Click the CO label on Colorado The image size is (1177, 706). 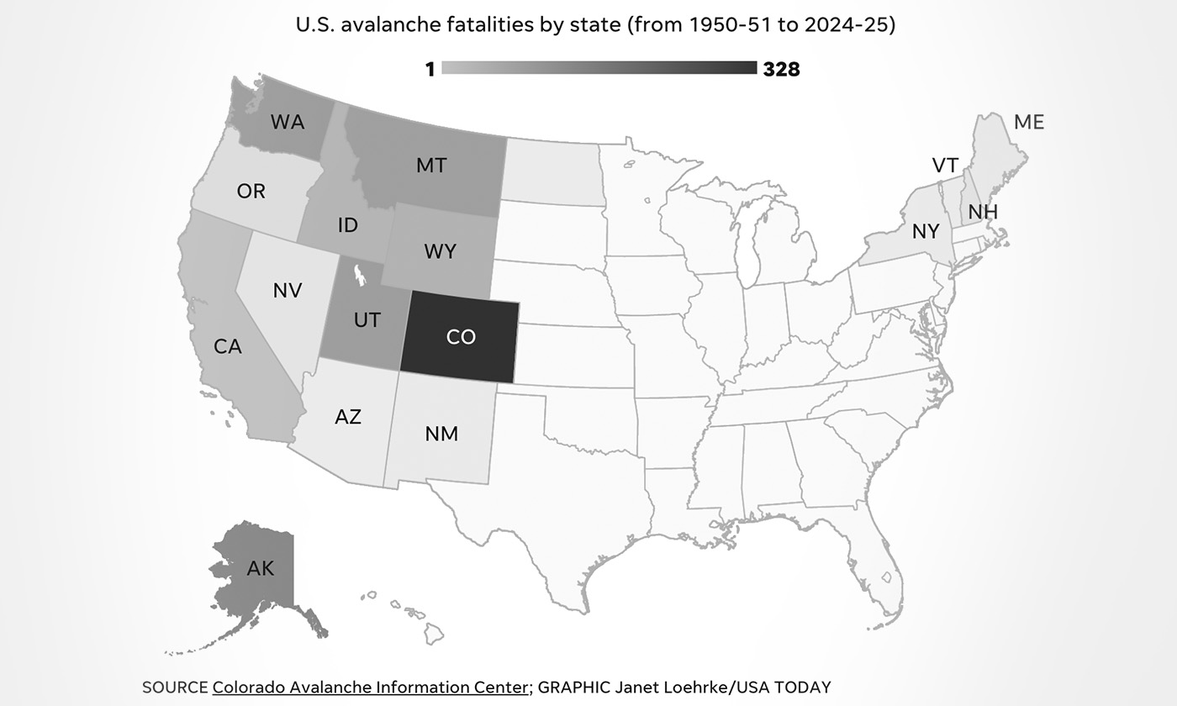coord(461,337)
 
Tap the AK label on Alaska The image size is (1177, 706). coord(261,569)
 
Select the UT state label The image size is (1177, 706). coord(367,320)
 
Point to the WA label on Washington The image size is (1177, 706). coord(288,122)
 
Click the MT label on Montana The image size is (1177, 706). coord(431,166)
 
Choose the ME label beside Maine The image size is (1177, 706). coord(1029,123)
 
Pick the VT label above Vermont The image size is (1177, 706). coord(945,166)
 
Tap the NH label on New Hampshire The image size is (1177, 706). coord(983,212)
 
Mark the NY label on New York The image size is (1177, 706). coord(926,231)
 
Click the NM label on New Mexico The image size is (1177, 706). coord(441,434)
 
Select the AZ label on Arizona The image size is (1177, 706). coord(348,417)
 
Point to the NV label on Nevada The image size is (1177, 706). coord(288,291)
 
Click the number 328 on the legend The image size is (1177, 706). coord(781,70)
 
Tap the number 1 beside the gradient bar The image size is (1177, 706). coord(430,70)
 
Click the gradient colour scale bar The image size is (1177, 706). coord(599,68)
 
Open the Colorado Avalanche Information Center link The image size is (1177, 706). coord(371,687)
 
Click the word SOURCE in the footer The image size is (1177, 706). coord(175,687)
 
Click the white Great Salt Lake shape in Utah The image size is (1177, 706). coord(360,275)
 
